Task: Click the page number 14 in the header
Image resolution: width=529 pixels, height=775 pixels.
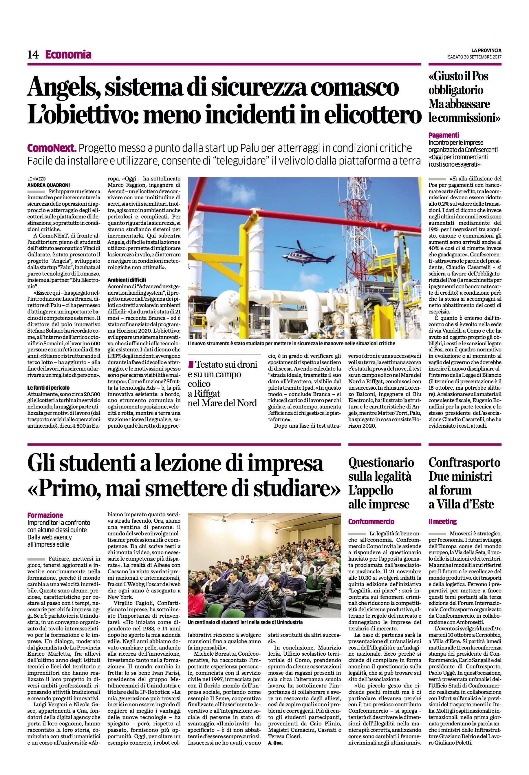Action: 33,55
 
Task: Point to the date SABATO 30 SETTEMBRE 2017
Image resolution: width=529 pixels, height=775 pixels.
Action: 475,57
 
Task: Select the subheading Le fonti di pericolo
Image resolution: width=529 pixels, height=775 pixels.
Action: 48,388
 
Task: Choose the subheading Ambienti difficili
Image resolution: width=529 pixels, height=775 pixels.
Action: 127,280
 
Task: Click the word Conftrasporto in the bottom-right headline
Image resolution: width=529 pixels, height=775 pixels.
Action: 464,462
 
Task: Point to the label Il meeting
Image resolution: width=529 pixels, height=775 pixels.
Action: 442,521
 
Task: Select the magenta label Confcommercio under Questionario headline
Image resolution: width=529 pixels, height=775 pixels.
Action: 371,521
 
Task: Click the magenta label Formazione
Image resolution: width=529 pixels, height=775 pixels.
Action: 45,515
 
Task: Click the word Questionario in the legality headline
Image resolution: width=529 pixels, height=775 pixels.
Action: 381,462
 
